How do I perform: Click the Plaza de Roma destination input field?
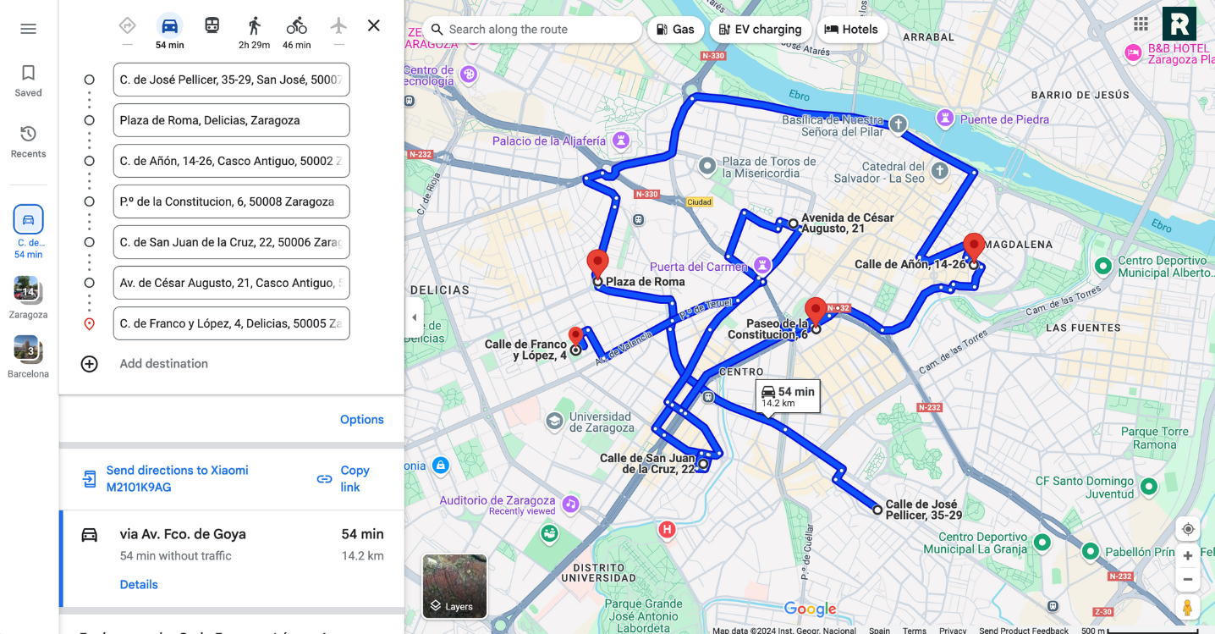click(231, 120)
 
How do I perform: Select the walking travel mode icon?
click(254, 26)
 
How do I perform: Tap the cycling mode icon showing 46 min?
click(296, 26)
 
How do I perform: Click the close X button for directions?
click(373, 26)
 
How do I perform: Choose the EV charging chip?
click(760, 30)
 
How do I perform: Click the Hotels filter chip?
click(851, 30)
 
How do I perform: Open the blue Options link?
click(361, 420)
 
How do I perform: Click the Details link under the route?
click(139, 585)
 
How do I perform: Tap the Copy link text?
click(354, 478)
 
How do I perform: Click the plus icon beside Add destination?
click(89, 364)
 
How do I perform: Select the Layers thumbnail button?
click(454, 586)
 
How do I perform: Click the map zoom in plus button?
click(1188, 556)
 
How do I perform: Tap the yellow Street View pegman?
click(1188, 607)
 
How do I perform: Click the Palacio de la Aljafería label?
click(549, 141)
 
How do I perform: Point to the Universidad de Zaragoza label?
click(600, 422)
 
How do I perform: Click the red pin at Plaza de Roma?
click(597, 262)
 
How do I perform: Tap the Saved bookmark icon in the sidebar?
click(28, 74)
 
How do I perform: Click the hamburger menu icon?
click(28, 29)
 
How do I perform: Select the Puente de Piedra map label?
click(1004, 119)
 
